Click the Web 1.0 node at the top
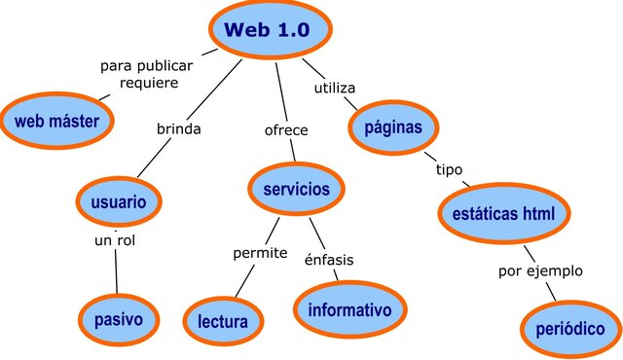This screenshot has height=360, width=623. [x=267, y=29]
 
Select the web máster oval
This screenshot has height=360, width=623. [x=56, y=121]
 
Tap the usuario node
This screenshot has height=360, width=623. [x=119, y=202]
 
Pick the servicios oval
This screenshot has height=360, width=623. [x=296, y=189]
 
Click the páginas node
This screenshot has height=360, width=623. [x=393, y=127]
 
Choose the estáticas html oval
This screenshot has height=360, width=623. [x=503, y=212]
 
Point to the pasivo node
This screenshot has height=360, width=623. [x=119, y=318]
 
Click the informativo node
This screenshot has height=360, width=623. [x=349, y=309]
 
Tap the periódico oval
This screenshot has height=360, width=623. [x=570, y=329]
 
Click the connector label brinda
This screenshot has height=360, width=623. [x=179, y=127]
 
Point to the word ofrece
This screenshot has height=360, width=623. [x=286, y=129]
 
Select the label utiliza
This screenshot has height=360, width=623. [x=334, y=88]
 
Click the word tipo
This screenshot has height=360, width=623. [x=449, y=169]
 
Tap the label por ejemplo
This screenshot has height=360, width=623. [x=540, y=270]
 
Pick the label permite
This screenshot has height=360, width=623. [x=260, y=253]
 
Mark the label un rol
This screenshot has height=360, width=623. [x=114, y=239]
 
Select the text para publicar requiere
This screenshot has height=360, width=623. [x=147, y=74]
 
